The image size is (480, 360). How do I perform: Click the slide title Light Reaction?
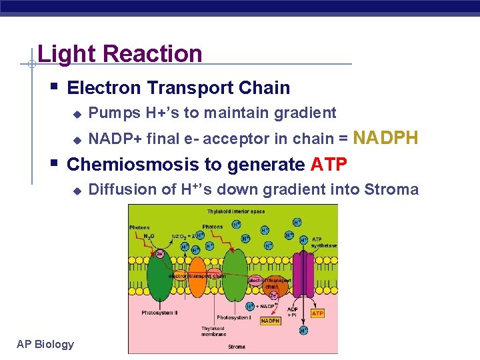(120, 53)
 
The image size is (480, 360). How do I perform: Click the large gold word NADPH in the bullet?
(386, 138)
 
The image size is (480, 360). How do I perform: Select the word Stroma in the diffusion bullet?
(391, 189)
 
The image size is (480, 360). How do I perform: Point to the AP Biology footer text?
(45, 344)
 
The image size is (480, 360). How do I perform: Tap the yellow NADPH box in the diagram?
(270, 321)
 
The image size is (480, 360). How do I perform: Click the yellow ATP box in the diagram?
(317, 313)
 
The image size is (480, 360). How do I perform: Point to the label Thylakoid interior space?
(235, 211)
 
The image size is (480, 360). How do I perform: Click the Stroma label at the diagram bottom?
(236, 347)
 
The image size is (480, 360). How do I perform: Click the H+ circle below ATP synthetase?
(303, 330)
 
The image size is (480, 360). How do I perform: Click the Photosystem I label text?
(233, 317)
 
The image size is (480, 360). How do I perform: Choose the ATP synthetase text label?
(325, 242)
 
